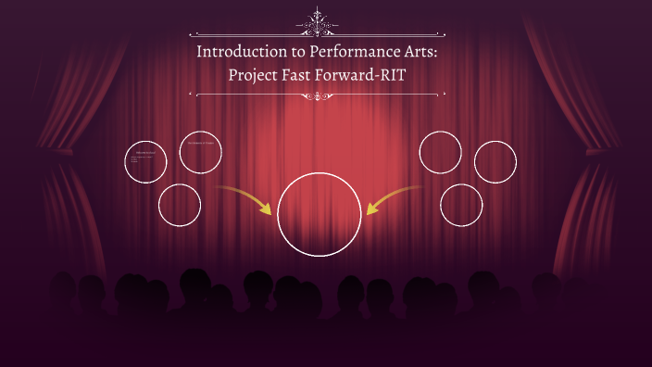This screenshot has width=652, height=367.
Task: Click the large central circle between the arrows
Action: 319,212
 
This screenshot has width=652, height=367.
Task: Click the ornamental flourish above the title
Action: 320,19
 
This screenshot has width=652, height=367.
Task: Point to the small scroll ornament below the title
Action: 320,95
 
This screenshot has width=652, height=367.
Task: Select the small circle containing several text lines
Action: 145,161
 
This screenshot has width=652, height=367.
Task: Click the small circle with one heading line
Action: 200,151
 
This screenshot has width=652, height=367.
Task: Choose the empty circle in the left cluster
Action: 180,205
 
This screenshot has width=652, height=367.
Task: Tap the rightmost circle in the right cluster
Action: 495,162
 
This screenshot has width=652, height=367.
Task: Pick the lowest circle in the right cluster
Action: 461,205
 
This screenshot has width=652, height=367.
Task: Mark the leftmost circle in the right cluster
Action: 440,152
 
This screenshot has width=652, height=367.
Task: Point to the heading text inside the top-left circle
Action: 200,144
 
